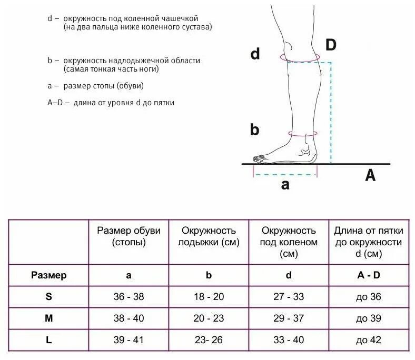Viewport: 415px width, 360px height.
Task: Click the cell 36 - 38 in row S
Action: (129, 297)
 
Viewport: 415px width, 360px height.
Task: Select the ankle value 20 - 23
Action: (209, 318)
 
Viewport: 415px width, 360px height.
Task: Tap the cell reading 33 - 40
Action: (289, 340)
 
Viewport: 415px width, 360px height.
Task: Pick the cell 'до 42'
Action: (368, 340)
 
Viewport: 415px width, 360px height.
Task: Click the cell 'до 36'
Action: (368, 297)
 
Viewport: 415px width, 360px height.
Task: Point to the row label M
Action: (48, 318)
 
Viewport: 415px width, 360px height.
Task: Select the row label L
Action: (48, 340)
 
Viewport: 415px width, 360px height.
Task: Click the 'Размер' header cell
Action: (48, 275)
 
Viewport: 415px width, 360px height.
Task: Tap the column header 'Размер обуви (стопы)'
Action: (129, 236)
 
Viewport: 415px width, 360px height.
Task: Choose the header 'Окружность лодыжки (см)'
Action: (209, 236)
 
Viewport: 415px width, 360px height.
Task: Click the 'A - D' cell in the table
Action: (368, 275)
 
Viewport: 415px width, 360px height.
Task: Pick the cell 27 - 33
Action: (289, 297)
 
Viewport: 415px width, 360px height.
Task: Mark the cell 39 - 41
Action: (129, 340)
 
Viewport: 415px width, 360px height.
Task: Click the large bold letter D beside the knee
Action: (330, 45)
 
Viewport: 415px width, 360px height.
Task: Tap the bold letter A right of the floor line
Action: (370, 176)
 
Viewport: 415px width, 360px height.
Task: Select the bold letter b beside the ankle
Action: (254, 129)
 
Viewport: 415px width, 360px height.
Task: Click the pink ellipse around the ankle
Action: (302, 135)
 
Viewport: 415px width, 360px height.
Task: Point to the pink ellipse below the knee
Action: (300, 57)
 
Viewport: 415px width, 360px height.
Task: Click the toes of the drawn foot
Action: (260, 158)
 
